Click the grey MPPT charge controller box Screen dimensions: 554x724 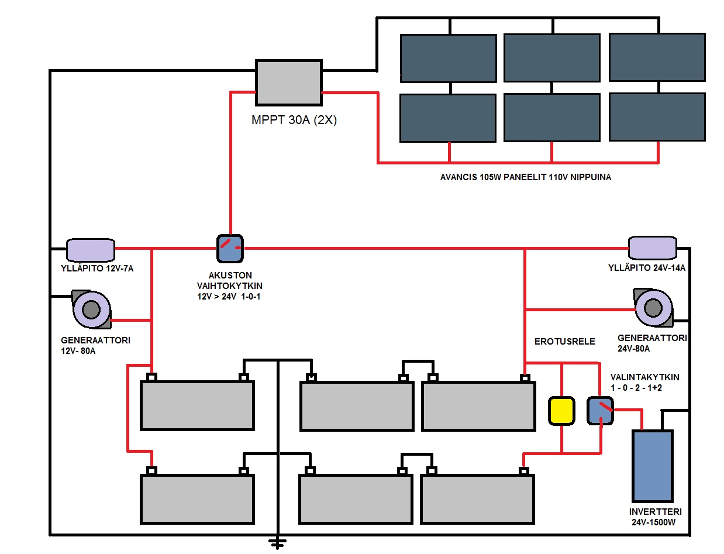click(x=289, y=82)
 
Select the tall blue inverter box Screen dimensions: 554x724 click(x=653, y=465)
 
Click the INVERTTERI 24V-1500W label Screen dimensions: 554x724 click(x=655, y=516)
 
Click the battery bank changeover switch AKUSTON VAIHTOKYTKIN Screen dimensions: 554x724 click(x=230, y=248)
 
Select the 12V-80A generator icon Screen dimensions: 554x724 click(x=91, y=308)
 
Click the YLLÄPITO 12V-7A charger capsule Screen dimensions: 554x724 click(x=91, y=250)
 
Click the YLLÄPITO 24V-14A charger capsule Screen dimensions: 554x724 click(x=653, y=248)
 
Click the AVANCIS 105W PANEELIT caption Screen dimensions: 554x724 click(x=525, y=177)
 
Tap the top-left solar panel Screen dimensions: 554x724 click(x=448, y=58)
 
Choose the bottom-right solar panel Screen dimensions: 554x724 click(x=657, y=117)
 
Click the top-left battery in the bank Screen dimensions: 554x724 click(x=197, y=405)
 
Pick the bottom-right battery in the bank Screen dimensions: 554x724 click(x=477, y=498)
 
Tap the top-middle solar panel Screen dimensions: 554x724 click(x=551, y=57)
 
